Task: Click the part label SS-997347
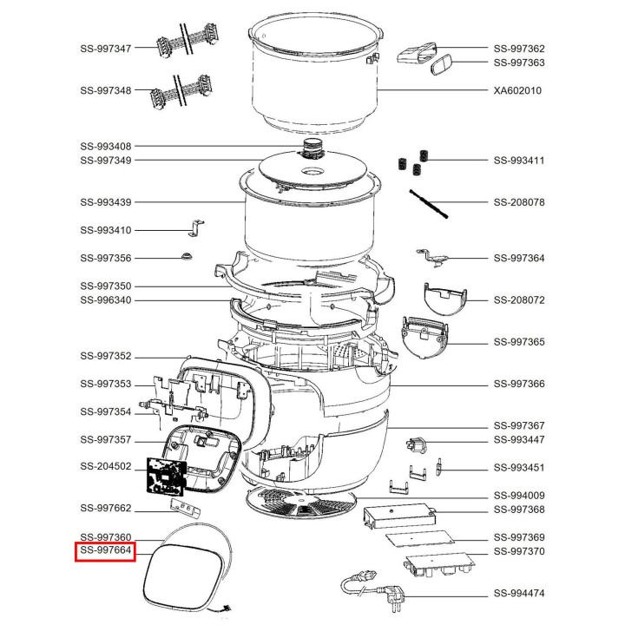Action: coord(105,49)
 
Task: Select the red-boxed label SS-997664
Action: coord(105,551)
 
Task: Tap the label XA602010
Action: coord(518,90)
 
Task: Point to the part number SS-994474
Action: coord(519,594)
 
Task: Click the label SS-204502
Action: coord(105,466)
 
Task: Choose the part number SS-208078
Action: coord(519,202)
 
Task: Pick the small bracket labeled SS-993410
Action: coord(196,228)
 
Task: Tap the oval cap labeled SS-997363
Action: coord(442,64)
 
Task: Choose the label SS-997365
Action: coord(519,342)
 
